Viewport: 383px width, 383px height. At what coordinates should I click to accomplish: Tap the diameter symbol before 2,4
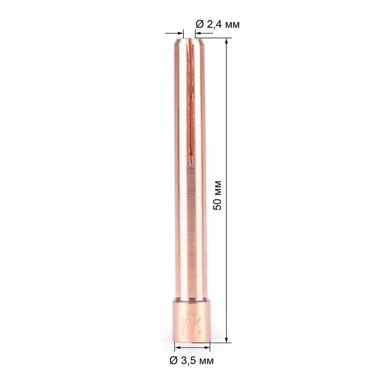[x=200, y=25]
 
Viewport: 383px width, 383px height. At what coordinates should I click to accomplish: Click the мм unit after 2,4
[x=232, y=25]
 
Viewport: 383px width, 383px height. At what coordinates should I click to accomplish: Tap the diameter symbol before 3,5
[x=173, y=360]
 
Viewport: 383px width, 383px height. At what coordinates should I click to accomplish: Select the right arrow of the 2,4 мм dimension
[x=194, y=34]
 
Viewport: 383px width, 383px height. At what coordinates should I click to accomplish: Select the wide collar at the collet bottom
[x=192, y=320]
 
